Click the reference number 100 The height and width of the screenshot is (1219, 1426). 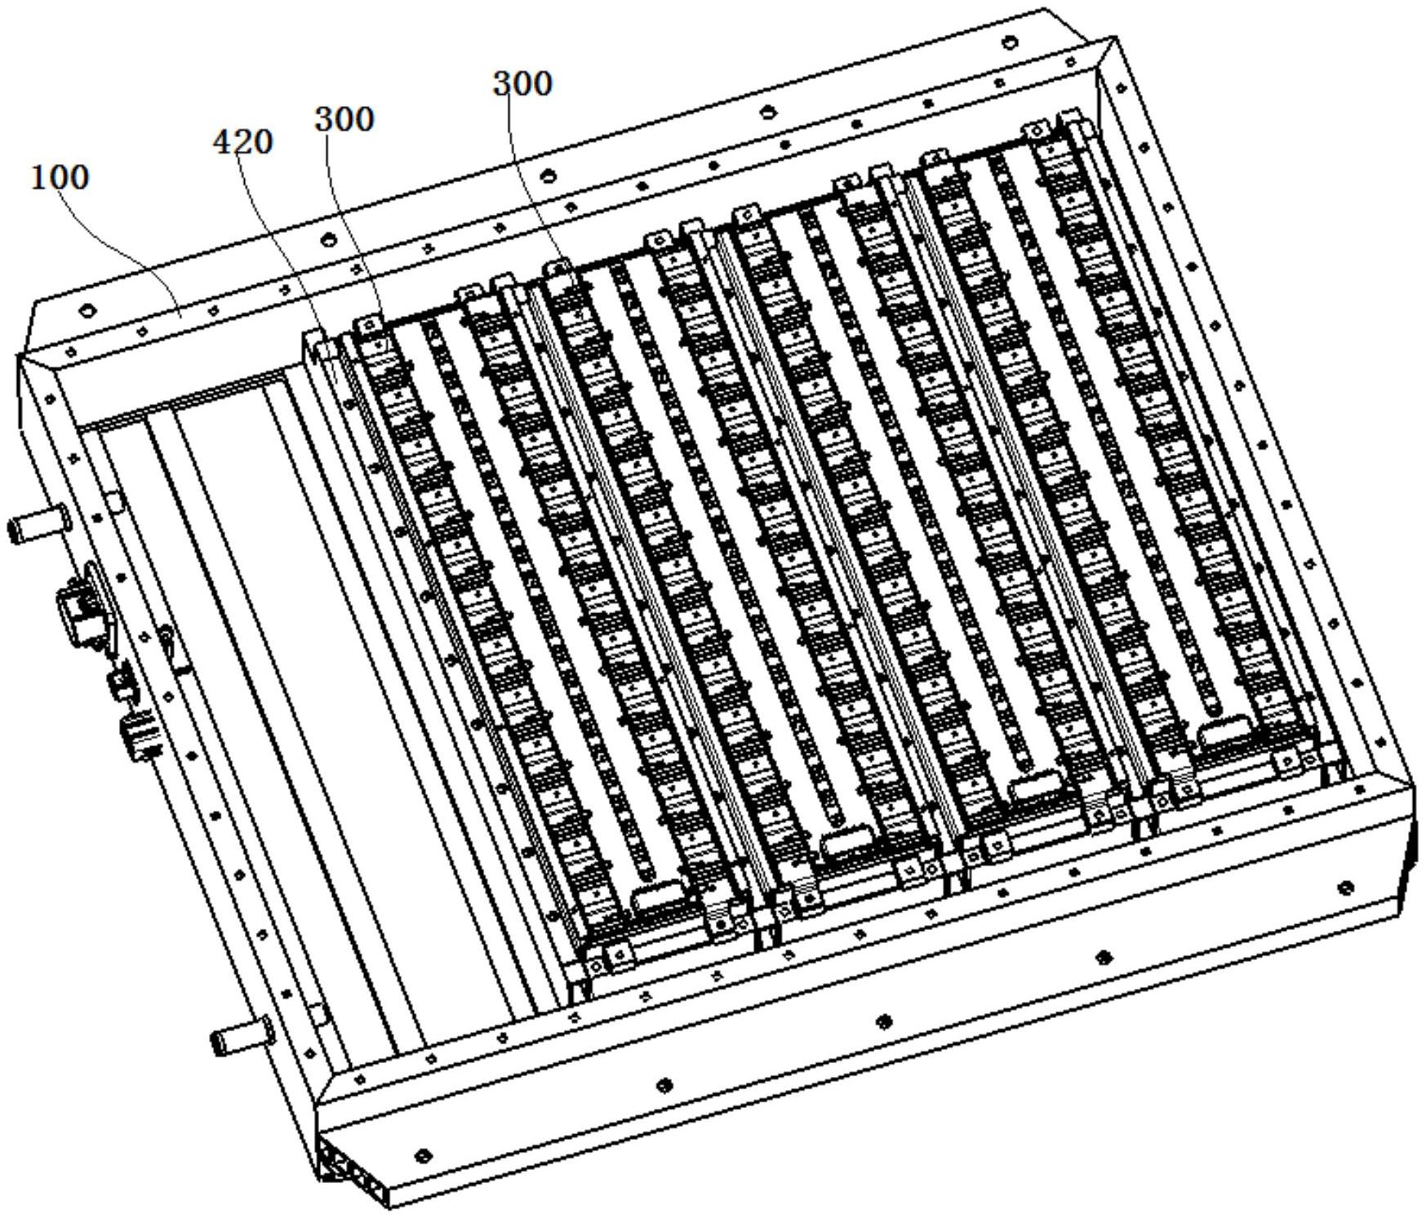60,177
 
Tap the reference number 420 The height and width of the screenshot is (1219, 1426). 242,142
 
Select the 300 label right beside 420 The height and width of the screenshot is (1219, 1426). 344,119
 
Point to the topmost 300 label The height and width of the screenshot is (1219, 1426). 522,83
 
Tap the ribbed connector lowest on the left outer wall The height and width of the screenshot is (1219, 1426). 140,733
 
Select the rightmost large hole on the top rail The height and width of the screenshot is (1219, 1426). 1010,42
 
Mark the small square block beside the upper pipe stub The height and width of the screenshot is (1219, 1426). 113,500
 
